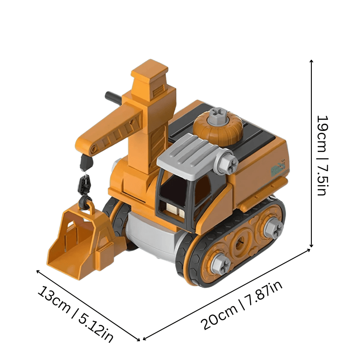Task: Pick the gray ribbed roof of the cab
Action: (189, 155)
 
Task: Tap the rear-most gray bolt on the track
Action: (272, 228)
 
